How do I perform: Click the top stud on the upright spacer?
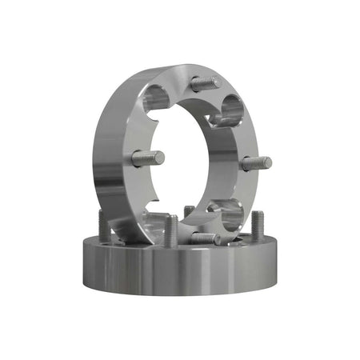click(x=206, y=82)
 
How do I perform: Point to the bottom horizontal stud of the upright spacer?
click(x=206, y=238)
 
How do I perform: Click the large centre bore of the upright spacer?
click(x=196, y=160)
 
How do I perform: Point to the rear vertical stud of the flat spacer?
click(x=189, y=213)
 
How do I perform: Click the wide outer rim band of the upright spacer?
click(x=112, y=152)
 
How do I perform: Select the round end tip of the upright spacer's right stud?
click(x=269, y=163)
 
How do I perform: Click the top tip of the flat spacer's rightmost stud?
click(x=258, y=214)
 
